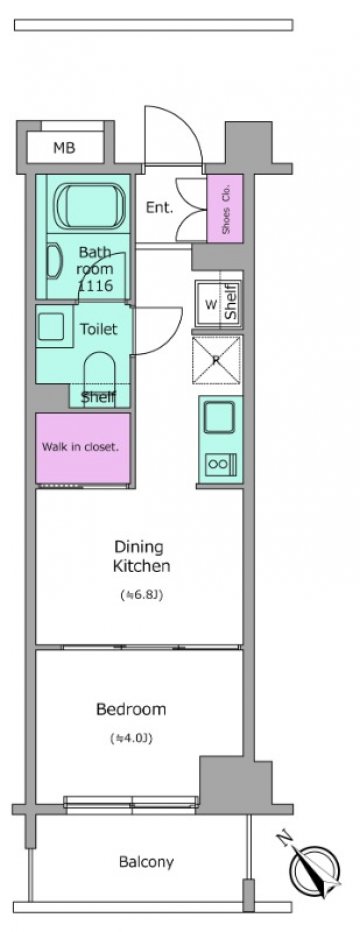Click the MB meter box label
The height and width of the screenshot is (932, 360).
[64, 148]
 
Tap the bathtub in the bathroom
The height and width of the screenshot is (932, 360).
[91, 205]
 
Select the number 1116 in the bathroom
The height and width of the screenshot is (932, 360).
[95, 286]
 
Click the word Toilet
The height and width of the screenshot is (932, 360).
[99, 329]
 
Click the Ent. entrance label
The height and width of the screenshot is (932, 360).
[159, 208]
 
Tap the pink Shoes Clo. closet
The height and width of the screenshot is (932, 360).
[225, 209]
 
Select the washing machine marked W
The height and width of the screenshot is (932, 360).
[210, 305]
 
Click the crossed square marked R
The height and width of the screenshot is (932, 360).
[216, 360]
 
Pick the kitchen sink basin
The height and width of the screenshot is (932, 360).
[220, 417]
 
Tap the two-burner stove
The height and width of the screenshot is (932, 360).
[220, 462]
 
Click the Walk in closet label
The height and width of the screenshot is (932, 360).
[80, 447]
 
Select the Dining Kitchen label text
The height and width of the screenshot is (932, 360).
[142, 556]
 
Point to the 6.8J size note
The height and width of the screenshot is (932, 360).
[141, 594]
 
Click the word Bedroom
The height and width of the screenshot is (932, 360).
[131, 709]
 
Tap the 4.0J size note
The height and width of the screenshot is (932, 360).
[131, 739]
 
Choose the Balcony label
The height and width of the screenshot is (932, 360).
[146, 861]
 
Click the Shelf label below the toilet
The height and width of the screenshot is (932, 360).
[98, 397]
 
